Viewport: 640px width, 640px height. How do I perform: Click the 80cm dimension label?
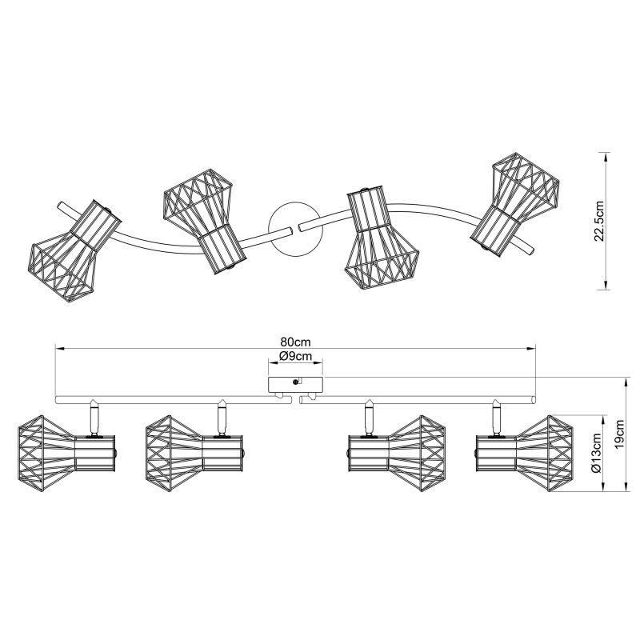[x=295, y=342]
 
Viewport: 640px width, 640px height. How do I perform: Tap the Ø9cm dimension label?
[x=295, y=356]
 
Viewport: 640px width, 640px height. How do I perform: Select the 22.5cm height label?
[x=598, y=221]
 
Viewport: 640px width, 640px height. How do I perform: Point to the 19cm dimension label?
[x=620, y=434]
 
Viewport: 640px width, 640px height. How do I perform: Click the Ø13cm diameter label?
[x=595, y=453]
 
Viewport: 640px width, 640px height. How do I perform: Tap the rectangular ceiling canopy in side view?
[x=295, y=385]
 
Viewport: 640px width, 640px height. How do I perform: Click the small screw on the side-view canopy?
[x=294, y=382]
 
